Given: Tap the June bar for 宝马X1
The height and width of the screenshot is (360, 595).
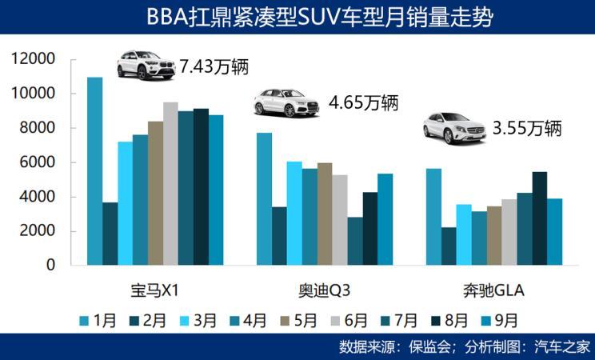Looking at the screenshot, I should point(170,183).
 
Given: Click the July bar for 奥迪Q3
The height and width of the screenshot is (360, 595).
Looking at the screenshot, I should point(355,240).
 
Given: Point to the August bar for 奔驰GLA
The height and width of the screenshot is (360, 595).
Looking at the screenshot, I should point(540,218).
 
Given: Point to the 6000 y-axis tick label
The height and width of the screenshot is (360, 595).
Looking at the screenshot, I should point(41,162).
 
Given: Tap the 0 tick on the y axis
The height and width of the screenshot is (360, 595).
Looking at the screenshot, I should point(50,265).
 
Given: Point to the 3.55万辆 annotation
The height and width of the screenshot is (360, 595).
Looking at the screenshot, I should point(528,128).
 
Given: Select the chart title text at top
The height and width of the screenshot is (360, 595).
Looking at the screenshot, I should point(297,16).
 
